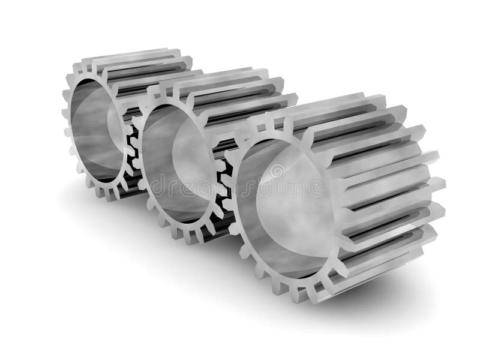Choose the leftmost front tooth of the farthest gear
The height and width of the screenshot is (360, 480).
pos(65,114)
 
